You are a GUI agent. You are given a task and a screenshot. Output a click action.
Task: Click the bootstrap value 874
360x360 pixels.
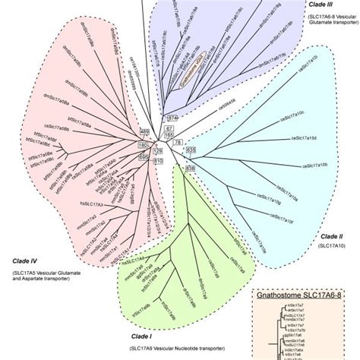172,118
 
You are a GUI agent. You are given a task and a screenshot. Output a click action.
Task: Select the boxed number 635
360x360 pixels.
191,150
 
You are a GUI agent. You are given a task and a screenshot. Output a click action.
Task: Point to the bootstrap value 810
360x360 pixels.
159,162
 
